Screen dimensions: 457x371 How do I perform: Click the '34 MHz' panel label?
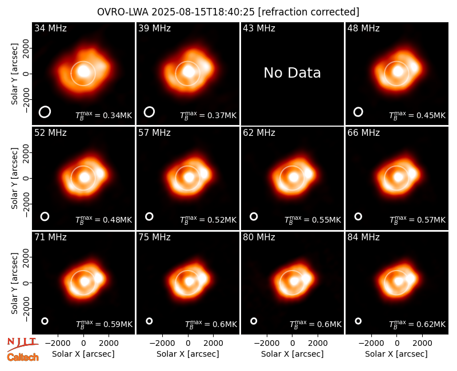(50, 28)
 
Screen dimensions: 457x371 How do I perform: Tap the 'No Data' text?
(292, 72)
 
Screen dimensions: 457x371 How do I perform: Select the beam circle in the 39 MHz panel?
(149, 111)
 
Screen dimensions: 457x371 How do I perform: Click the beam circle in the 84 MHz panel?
(358, 321)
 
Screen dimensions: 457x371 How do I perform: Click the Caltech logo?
(23, 357)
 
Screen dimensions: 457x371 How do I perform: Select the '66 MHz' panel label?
(363, 133)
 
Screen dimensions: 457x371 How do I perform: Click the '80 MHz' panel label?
(259, 237)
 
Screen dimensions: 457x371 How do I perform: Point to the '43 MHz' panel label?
(259, 28)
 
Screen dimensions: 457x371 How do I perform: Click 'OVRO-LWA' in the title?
(123, 12)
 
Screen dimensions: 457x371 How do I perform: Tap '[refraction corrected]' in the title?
(308, 12)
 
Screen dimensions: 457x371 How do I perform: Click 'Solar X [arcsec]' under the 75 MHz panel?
(188, 354)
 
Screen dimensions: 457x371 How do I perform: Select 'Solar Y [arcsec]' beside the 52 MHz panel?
(14, 178)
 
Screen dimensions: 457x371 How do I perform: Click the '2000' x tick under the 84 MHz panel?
(422, 344)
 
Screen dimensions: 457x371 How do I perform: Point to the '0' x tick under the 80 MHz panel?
(292, 344)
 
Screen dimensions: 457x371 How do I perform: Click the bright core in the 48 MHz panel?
(398, 71)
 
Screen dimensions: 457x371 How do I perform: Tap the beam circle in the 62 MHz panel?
(254, 216)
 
